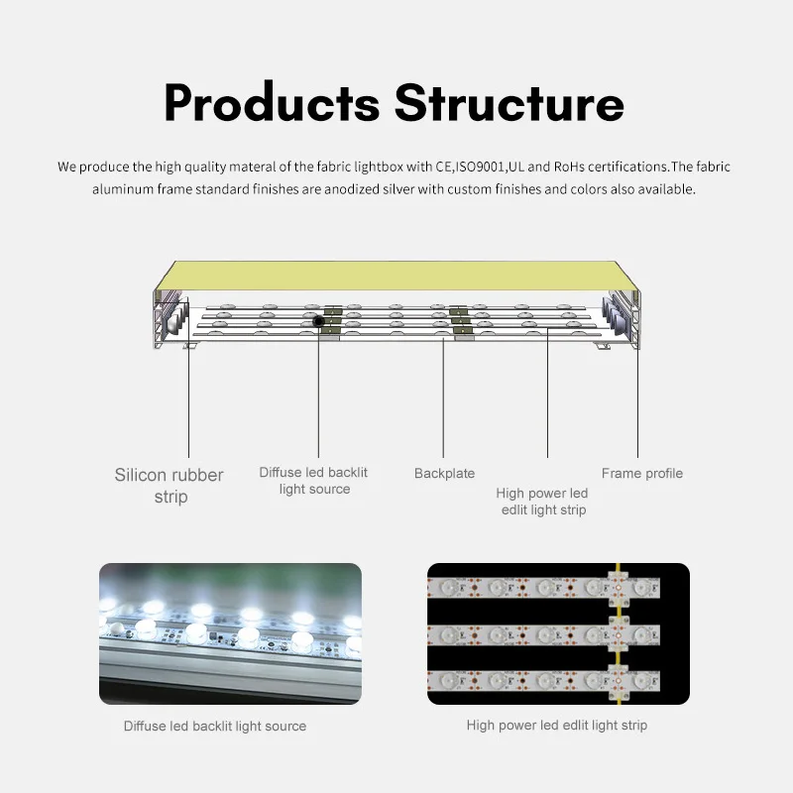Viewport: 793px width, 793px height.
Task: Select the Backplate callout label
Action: pos(444,474)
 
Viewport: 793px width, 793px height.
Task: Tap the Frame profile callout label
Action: pos(641,474)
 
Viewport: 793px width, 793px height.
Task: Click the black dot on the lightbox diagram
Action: pos(318,321)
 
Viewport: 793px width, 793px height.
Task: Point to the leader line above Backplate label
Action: pos(444,396)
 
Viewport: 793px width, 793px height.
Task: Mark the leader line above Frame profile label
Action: pos(637,396)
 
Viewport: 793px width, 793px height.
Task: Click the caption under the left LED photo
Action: pos(215,727)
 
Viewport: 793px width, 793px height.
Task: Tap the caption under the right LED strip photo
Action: pos(557,726)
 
